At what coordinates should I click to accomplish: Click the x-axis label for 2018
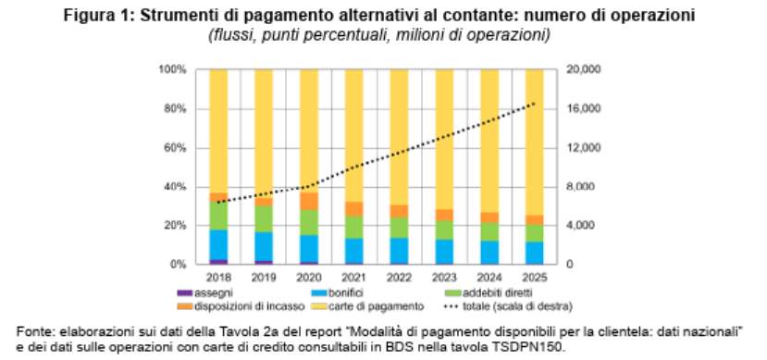click(x=218, y=278)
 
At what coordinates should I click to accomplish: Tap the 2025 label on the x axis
click(x=535, y=278)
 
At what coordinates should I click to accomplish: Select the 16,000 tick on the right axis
click(x=580, y=108)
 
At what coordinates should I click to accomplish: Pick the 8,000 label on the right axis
click(x=577, y=187)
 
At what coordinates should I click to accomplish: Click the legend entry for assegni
click(x=205, y=293)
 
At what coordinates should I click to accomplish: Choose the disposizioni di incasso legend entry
click(x=241, y=306)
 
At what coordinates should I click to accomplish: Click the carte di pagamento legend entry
click(x=367, y=306)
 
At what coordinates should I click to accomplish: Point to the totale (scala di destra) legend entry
click(x=508, y=306)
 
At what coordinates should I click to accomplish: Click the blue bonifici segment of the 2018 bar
click(x=218, y=244)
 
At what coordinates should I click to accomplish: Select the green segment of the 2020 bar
click(x=309, y=222)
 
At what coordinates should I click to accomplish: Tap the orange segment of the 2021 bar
click(x=354, y=209)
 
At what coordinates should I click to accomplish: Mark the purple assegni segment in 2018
click(x=218, y=262)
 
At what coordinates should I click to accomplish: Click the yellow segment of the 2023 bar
click(x=445, y=140)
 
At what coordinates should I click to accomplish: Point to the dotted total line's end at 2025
click(x=535, y=104)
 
